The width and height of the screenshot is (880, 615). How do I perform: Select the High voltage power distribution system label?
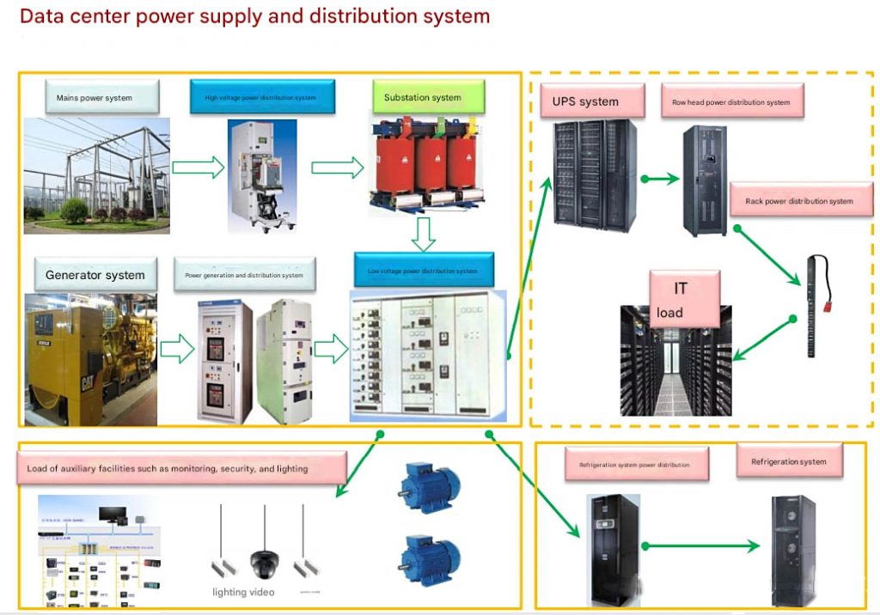tap(260, 97)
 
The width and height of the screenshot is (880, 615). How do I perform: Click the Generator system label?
tap(95, 275)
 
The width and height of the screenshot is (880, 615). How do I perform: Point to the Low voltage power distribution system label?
tap(425, 271)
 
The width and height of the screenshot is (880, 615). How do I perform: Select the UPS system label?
tap(586, 101)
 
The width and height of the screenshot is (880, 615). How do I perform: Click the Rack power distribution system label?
tap(799, 201)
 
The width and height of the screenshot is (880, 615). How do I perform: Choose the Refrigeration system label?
tap(789, 462)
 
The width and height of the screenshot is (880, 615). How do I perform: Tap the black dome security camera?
tap(262, 563)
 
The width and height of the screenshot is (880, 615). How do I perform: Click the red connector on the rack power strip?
tap(832, 290)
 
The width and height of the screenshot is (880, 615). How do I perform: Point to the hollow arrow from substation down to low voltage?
tap(425, 232)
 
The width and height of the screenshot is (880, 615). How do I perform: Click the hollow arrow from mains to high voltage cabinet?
tap(198, 167)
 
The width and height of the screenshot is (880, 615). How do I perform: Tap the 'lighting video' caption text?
tap(243, 592)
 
